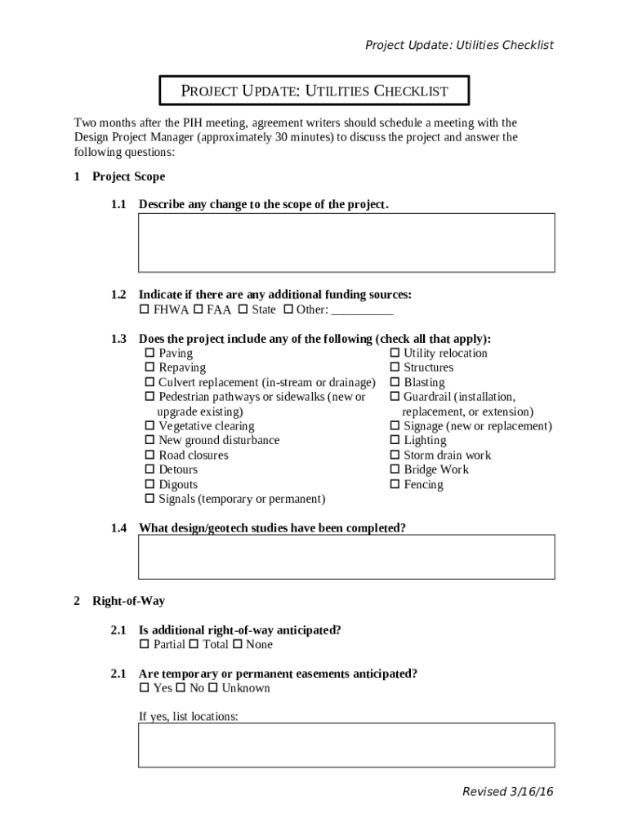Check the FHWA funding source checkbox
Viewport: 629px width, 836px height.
(x=145, y=309)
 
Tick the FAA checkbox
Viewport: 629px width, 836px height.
(x=199, y=309)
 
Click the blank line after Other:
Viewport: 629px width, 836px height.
(x=362, y=310)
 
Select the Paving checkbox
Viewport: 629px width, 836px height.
(x=149, y=354)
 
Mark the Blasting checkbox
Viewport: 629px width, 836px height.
(x=395, y=383)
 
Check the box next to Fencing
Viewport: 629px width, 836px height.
(x=395, y=485)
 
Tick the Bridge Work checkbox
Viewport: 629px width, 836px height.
(x=395, y=470)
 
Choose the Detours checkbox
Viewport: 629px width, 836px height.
(x=149, y=470)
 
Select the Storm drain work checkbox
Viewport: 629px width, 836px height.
(x=395, y=456)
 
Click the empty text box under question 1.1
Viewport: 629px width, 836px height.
(x=346, y=242)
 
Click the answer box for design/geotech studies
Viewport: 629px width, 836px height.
(x=346, y=557)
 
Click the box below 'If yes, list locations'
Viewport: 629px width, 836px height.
(x=346, y=745)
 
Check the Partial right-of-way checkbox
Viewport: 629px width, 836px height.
(x=145, y=645)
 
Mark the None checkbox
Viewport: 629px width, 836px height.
(x=238, y=645)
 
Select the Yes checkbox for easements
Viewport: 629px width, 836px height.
(x=145, y=688)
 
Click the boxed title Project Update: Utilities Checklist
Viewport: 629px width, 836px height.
(x=314, y=91)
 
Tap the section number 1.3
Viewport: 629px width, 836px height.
(x=118, y=339)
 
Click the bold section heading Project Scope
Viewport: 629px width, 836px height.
(x=128, y=176)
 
